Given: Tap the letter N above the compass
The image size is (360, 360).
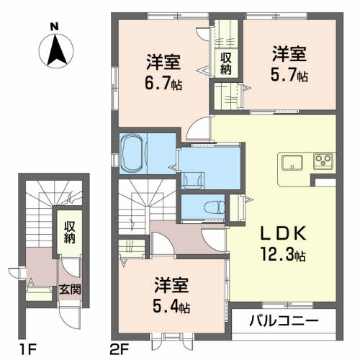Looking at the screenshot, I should (54, 27).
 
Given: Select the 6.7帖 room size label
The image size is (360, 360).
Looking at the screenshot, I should (165, 84).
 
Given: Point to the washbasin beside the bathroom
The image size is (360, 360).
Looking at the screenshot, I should (194, 177).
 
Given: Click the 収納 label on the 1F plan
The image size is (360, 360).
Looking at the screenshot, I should (69, 233).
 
